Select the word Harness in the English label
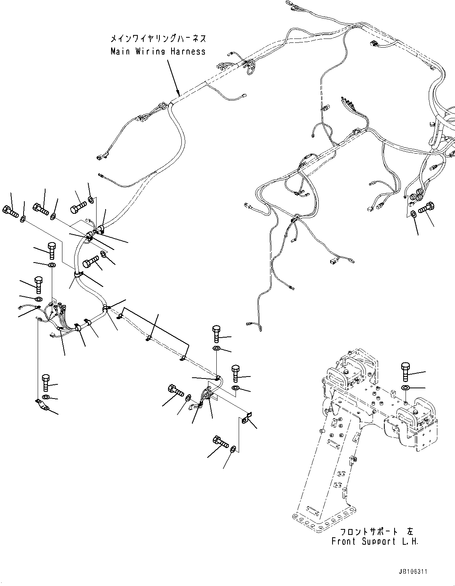point(188,51)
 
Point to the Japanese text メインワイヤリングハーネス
point(158,39)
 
